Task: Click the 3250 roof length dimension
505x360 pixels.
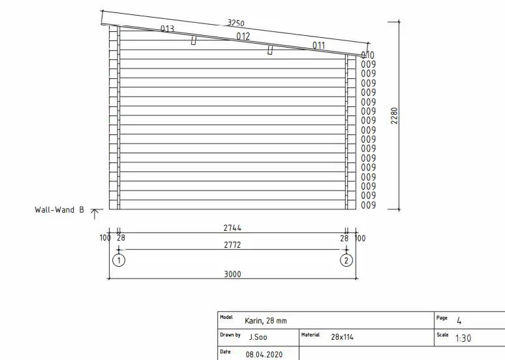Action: click(236, 23)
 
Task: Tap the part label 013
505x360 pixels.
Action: click(167, 29)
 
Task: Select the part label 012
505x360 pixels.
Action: click(243, 37)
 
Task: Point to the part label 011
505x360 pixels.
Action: click(318, 46)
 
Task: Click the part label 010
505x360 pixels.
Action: click(367, 55)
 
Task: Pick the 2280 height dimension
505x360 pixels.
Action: click(394, 115)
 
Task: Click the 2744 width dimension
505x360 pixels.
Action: click(232, 228)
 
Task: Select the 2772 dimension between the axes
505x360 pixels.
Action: click(232, 245)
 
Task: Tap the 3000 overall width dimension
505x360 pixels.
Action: click(232, 274)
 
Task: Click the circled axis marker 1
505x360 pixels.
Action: click(119, 260)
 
